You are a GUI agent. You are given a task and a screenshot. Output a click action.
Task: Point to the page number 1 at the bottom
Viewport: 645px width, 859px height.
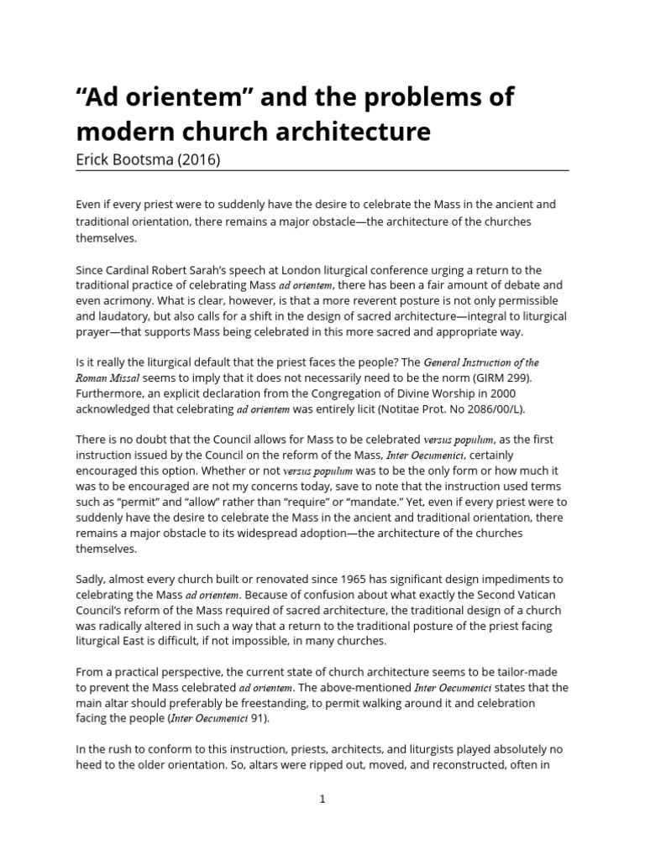(322, 799)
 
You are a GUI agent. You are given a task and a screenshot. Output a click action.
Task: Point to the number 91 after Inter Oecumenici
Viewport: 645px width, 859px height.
(260, 718)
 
